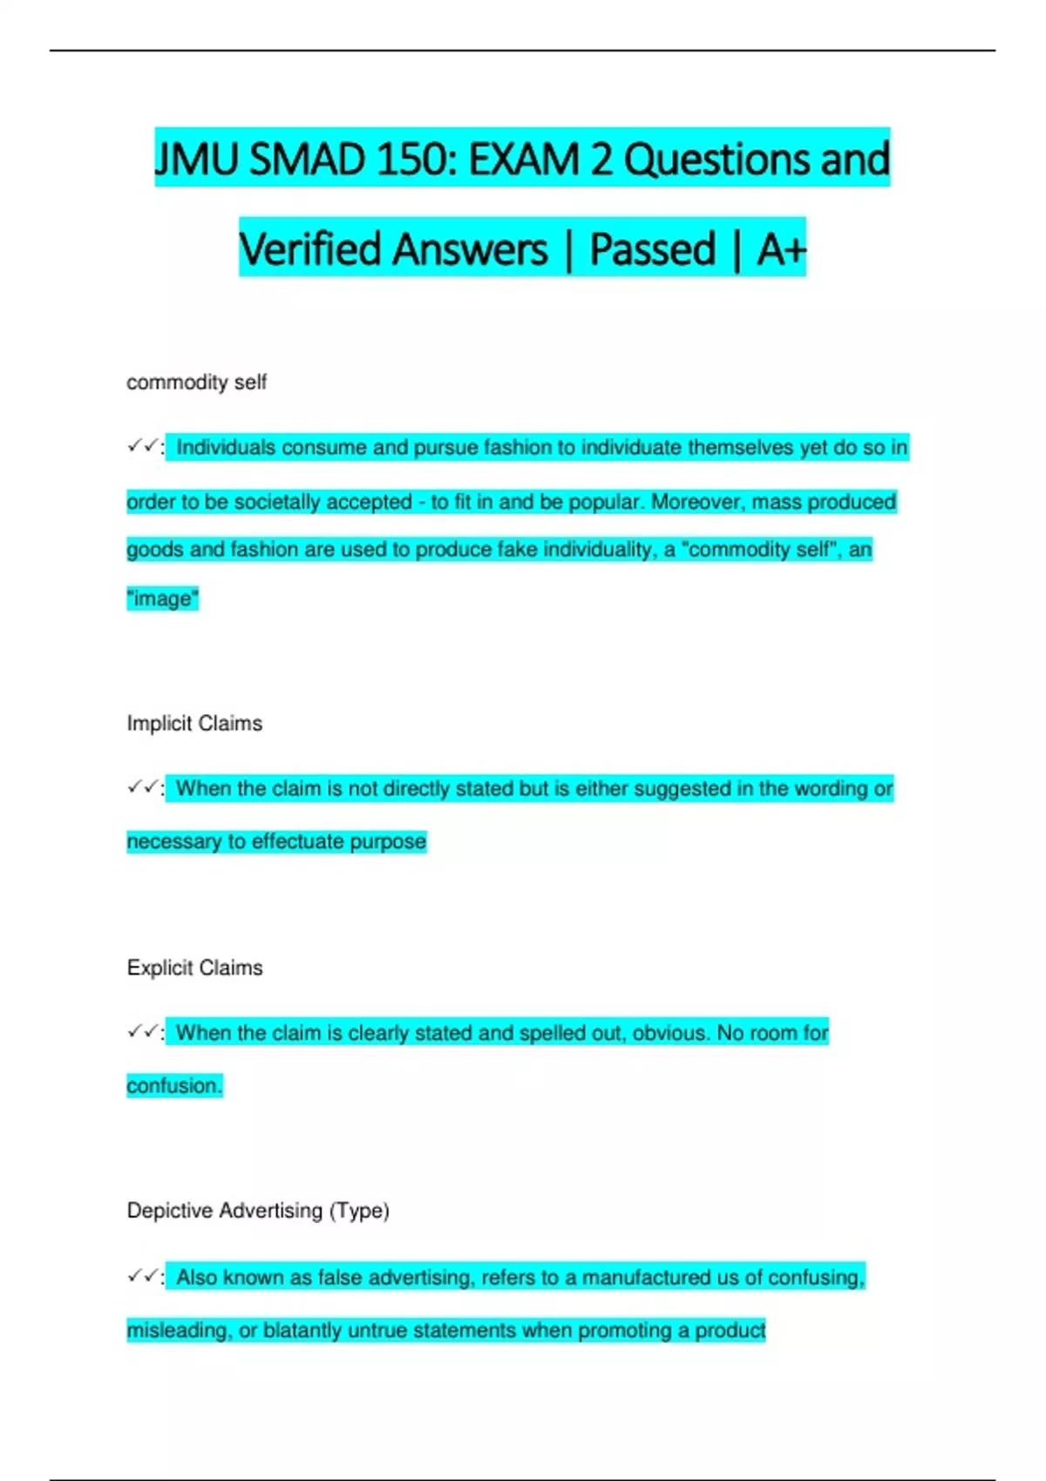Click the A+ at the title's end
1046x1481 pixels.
780,249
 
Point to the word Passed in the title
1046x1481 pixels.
652,249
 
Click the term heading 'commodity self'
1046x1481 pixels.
196,382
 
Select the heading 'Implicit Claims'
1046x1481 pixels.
194,723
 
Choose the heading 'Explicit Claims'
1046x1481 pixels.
194,968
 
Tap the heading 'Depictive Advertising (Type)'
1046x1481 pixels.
258,1211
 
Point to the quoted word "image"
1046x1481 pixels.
163,598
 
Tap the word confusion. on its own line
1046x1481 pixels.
174,1085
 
